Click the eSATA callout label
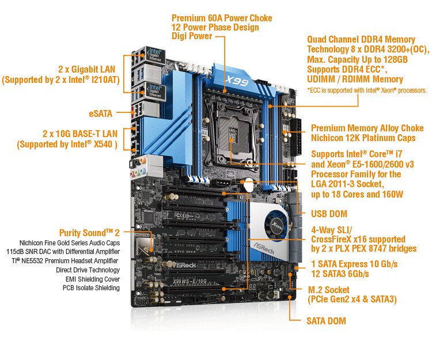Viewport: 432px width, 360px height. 101,113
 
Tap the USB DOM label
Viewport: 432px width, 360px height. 329,214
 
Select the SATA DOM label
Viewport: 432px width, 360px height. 326,321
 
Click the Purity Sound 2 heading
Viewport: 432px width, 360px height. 89,233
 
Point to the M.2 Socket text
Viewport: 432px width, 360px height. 329,290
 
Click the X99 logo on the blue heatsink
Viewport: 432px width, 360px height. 237,81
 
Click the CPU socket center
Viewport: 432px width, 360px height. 233,132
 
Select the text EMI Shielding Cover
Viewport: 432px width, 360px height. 93,279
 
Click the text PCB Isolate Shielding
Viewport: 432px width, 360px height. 91,288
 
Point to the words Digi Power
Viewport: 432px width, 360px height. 192,36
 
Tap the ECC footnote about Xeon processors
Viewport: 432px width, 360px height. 367,90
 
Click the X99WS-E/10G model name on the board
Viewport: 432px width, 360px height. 190,281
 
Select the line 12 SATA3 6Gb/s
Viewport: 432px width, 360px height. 340,274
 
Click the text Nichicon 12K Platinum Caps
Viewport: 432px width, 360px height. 363,138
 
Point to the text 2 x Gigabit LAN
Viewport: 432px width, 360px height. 86,69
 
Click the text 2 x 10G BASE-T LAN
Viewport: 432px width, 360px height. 80,134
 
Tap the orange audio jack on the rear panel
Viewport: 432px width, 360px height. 142,160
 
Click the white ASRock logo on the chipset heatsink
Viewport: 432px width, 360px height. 264,248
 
